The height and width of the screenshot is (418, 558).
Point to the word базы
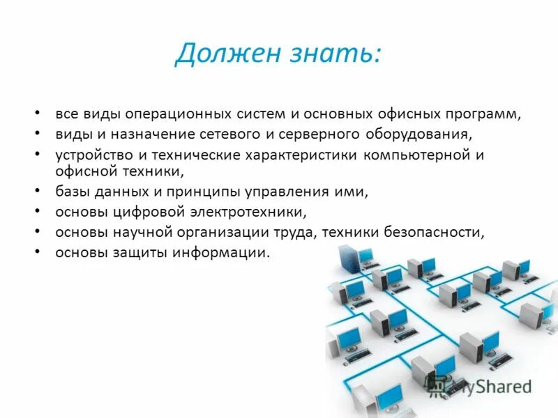[72, 191]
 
